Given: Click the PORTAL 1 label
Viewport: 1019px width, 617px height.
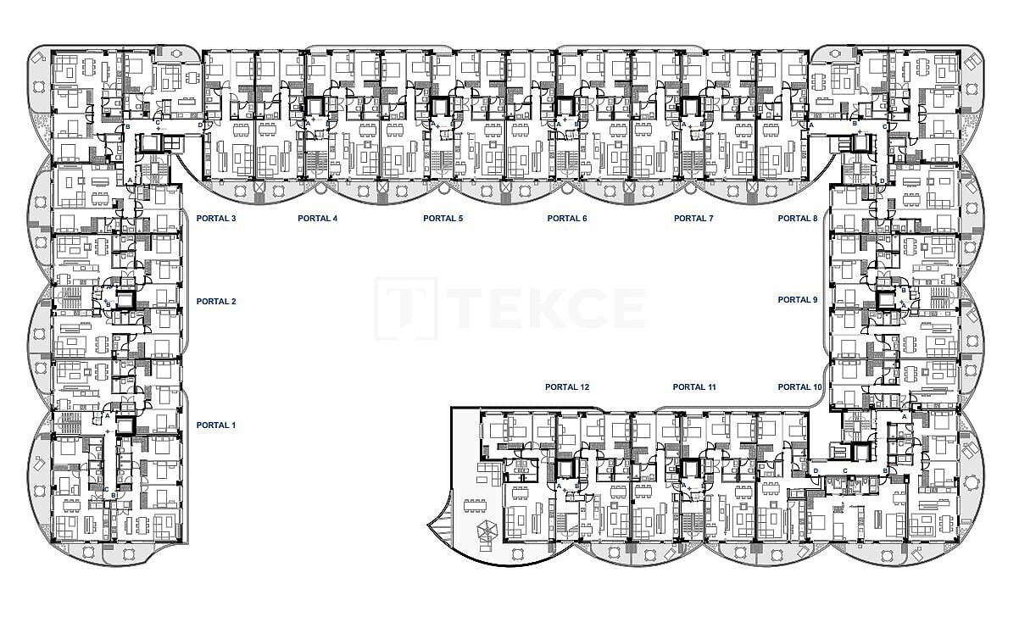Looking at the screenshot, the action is click(x=216, y=425).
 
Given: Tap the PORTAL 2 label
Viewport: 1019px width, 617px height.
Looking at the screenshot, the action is click(x=216, y=302).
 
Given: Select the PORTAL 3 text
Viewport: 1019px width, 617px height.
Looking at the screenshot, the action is click(x=216, y=219).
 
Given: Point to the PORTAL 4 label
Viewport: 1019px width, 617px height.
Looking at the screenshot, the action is click(x=318, y=219).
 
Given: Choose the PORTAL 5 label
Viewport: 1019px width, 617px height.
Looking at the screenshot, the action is click(x=443, y=219).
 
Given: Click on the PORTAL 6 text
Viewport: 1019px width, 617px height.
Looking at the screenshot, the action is click(x=567, y=219).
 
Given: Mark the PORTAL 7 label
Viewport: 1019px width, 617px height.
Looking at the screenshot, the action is click(x=693, y=219).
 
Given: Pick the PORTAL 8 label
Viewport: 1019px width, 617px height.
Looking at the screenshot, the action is click(x=798, y=219).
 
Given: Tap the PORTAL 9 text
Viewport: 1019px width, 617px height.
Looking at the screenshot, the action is click(x=798, y=300).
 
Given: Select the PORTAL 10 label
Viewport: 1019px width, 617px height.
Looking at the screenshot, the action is click(x=800, y=387).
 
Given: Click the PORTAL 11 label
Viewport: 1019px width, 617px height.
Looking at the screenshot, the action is click(x=694, y=387).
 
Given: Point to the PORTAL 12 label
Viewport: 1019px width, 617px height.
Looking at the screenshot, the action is click(x=567, y=387).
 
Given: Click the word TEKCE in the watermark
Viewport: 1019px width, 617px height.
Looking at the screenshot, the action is click(x=546, y=308).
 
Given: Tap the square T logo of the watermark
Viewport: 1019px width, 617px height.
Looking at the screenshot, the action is click(x=406, y=308).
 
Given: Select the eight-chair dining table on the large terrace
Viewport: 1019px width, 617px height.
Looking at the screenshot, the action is click(x=475, y=505).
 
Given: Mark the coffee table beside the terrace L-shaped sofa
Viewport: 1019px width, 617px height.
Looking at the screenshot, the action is click(x=482, y=479).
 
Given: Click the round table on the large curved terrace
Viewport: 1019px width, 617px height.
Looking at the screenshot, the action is click(x=517, y=553).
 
